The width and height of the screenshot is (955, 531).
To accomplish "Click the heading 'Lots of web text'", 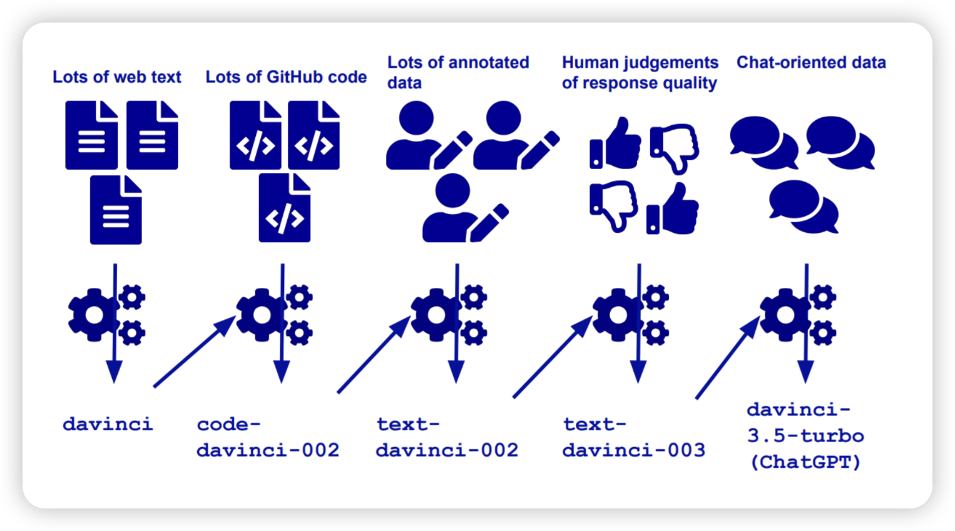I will [x=116, y=77].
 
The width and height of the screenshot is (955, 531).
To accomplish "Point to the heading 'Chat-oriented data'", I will [x=811, y=63].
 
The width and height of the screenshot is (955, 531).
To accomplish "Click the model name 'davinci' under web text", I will [x=108, y=425].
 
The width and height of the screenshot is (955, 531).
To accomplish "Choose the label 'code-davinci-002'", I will [x=267, y=437].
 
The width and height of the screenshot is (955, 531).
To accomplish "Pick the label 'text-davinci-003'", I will [x=633, y=437].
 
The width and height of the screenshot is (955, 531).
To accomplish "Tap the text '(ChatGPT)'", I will [x=805, y=462].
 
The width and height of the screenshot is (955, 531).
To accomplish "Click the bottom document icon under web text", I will [x=116, y=210].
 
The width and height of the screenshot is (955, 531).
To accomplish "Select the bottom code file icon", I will [x=285, y=209].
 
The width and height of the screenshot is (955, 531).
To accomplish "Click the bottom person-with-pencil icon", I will [x=464, y=209].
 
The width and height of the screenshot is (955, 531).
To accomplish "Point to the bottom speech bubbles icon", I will [x=804, y=207].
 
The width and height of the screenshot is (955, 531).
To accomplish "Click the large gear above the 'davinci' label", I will [x=94, y=314].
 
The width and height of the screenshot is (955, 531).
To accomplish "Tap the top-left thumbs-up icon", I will [x=615, y=143].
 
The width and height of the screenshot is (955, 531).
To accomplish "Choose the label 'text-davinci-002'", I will [x=447, y=437].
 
